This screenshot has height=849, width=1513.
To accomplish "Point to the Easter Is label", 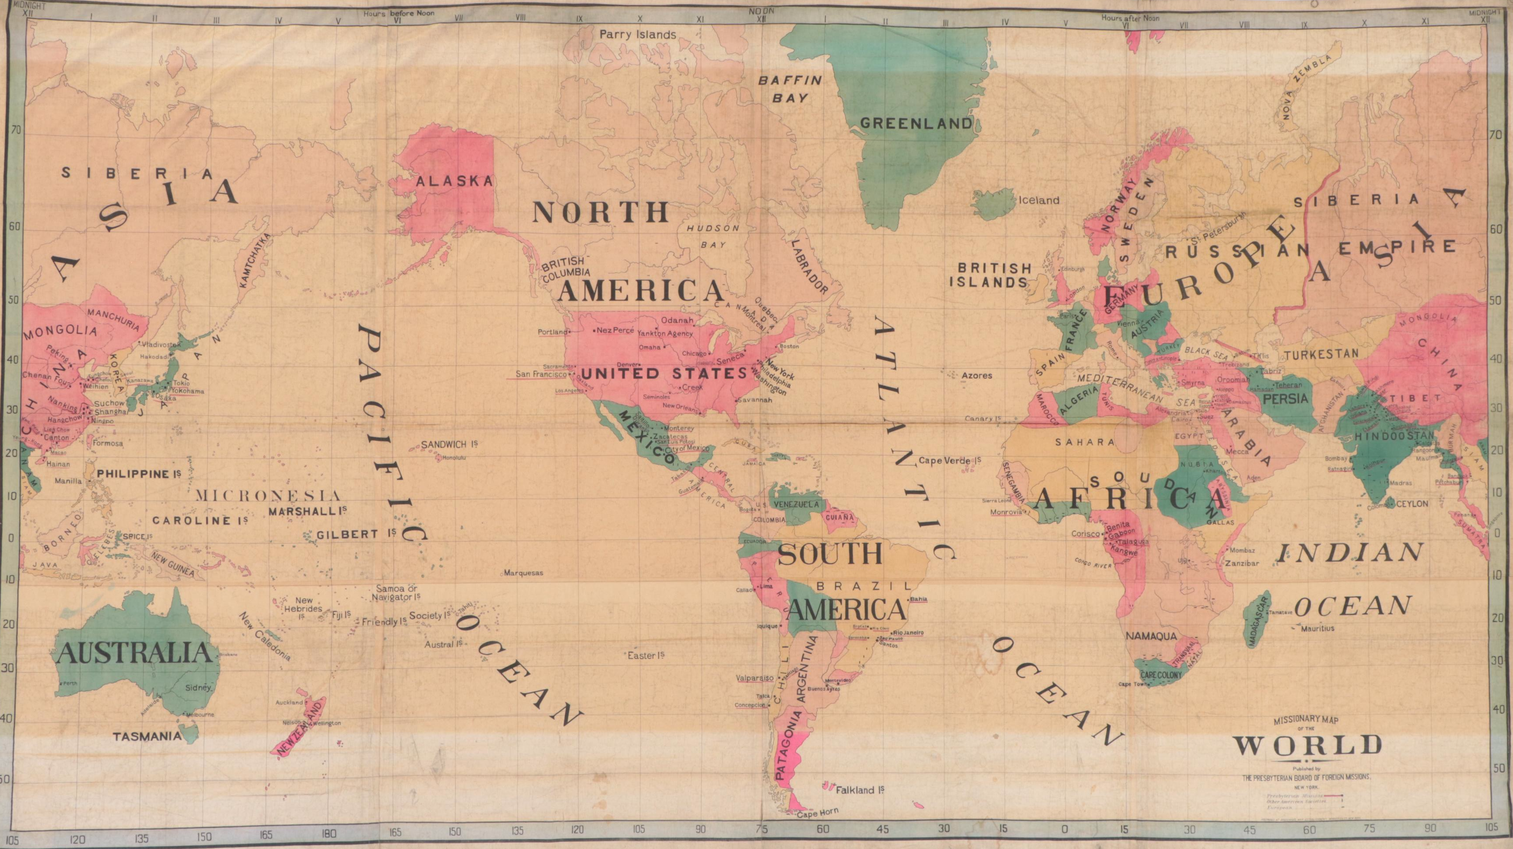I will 646,655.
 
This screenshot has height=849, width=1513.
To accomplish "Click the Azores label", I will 977,375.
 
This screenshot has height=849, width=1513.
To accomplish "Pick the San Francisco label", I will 541,374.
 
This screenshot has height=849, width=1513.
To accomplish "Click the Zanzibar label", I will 1241,563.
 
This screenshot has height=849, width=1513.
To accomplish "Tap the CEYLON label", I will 1412,504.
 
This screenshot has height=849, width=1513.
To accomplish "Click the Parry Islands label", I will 638,35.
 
